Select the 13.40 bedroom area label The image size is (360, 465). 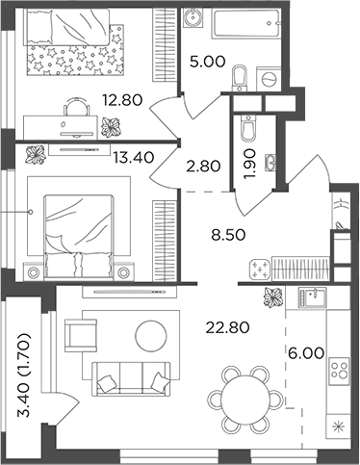pyautogui.click(x=135, y=159)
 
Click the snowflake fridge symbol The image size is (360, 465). pyautogui.click(x=337, y=425)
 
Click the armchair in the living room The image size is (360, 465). pyautogui.click(x=79, y=336)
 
